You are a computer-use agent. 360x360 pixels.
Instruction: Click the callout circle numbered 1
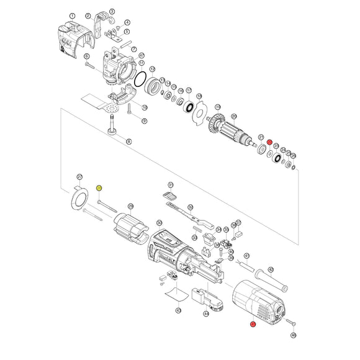pos(73,16)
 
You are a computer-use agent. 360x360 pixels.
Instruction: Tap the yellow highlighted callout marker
pos(99,188)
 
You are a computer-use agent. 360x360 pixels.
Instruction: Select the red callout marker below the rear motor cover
pos(253,325)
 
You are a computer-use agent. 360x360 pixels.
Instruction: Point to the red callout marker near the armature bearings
pos(269,143)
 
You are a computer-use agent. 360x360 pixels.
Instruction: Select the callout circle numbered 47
pos(142,55)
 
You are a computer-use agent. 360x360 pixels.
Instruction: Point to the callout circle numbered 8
pos(128,142)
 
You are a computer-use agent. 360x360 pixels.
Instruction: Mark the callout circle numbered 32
pos(190,207)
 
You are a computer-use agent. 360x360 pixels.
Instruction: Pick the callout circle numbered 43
pos(178,310)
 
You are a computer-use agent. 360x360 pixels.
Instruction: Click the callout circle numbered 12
pos(152,70)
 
